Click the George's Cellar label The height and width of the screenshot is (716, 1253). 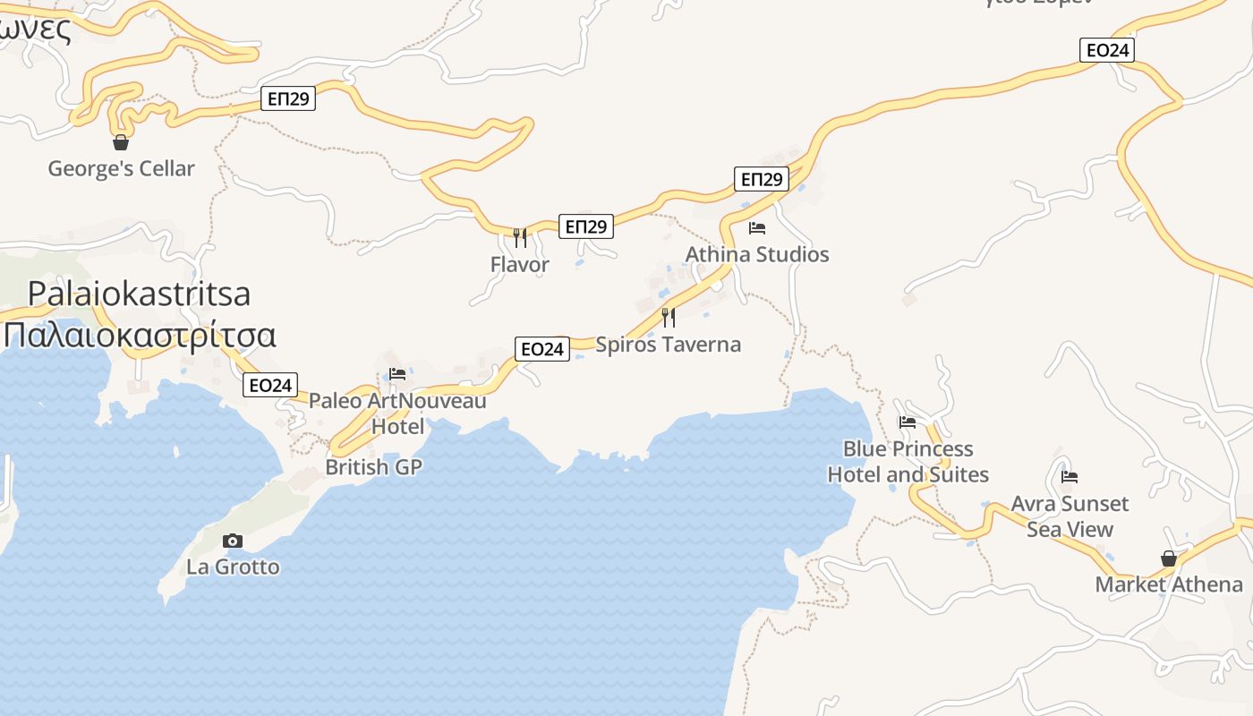121,168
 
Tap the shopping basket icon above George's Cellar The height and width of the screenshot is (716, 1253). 121,142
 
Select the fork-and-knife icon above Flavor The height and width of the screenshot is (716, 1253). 519,237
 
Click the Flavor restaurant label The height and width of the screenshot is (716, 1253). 519,265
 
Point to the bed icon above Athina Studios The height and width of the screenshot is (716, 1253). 757,228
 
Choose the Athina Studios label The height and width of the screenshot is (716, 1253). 757,254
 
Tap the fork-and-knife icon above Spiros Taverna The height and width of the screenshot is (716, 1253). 668,317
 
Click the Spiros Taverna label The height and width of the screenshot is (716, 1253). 668,345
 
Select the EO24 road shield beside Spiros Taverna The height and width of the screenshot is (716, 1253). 542,349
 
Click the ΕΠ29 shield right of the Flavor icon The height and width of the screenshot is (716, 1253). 586,226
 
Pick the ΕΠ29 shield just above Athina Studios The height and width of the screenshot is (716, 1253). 762,179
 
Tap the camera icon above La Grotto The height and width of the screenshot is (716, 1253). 233,541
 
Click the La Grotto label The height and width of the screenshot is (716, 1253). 233,567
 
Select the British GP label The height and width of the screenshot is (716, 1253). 373,467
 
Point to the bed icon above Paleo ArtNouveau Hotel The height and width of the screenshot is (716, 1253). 397,374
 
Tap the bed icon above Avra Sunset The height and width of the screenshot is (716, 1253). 1069,477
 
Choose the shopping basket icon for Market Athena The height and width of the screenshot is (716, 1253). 1168,558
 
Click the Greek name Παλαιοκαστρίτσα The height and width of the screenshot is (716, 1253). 140,335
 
